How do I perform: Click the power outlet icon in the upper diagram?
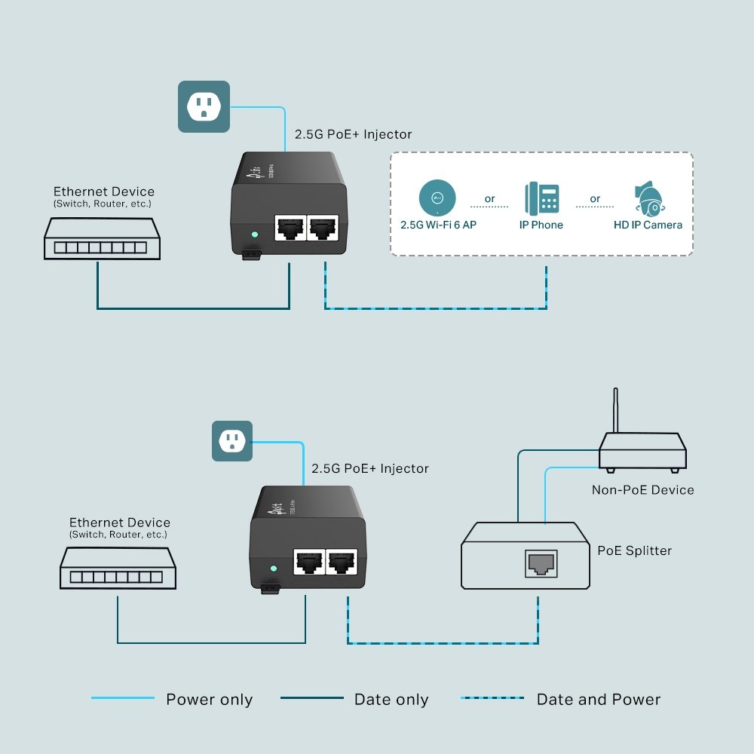pyautogui.click(x=203, y=106)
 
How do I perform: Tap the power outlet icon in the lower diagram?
pyautogui.click(x=231, y=441)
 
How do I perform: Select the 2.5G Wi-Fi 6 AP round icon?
pyautogui.click(x=437, y=198)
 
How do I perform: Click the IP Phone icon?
pyautogui.click(x=542, y=198)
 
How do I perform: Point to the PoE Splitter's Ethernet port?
pyautogui.click(x=539, y=563)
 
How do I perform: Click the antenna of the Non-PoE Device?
pyautogui.click(x=616, y=410)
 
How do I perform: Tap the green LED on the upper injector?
pyautogui.click(x=254, y=234)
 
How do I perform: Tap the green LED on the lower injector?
pyautogui.click(x=274, y=569)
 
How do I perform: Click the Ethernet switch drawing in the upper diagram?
pyautogui.click(x=102, y=239)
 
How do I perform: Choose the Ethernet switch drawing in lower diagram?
pyautogui.click(x=118, y=568)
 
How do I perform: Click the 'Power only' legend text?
pyautogui.click(x=209, y=700)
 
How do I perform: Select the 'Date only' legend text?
pyautogui.click(x=391, y=700)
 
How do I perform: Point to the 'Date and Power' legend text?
pyautogui.click(x=598, y=700)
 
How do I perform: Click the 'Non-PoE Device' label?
pyautogui.click(x=642, y=490)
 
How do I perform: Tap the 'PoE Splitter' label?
pyautogui.click(x=633, y=550)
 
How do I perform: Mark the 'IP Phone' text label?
pyautogui.click(x=541, y=225)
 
